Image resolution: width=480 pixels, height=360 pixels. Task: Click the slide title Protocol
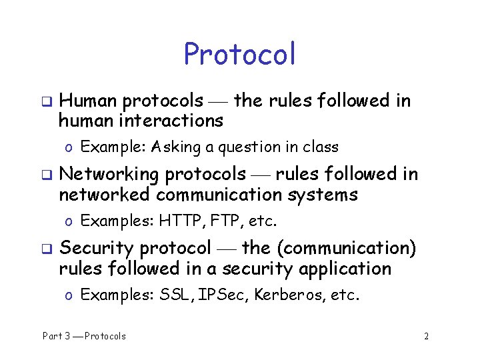[x=239, y=55]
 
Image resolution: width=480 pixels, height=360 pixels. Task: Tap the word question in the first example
[x=248, y=147]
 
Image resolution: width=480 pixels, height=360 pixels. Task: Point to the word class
[x=321, y=147]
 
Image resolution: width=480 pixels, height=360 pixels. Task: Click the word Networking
[x=109, y=175]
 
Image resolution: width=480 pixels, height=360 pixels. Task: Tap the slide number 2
[x=426, y=336]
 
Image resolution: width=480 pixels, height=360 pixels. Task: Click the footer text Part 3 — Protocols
[x=84, y=336]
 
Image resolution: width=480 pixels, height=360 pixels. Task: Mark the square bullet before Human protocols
[x=47, y=101]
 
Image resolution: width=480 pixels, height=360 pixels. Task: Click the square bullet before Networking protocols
[x=47, y=175]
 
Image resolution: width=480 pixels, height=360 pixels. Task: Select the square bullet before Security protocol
[x=47, y=249]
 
